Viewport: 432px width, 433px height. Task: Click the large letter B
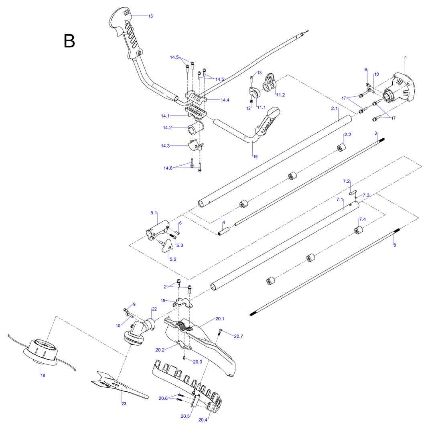pos(69,41)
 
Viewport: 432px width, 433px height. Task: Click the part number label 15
pos(150,16)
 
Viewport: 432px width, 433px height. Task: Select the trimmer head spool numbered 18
pos(41,350)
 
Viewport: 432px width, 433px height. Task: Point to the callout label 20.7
pos(238,336)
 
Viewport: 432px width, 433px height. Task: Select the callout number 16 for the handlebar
pos(256,156)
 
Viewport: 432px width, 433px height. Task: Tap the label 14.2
pos(167,128)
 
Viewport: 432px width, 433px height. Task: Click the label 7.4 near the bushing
pos(362,219)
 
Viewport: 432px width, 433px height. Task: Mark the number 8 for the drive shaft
pos(395,245)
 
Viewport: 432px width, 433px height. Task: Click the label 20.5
pos(185,416)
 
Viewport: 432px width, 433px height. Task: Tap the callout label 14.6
pos(168,168)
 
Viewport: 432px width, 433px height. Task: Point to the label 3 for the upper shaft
pos(376,133)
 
